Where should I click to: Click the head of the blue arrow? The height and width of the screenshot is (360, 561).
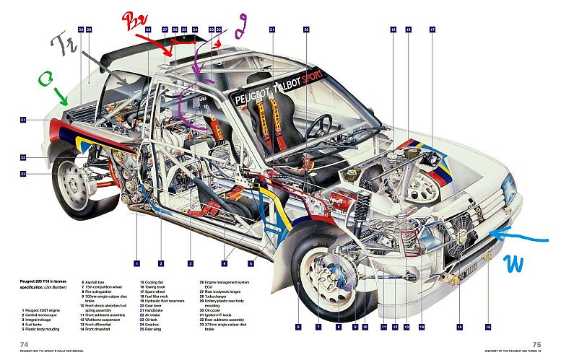pos(490,231)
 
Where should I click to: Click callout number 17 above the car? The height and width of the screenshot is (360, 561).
pos(432,30)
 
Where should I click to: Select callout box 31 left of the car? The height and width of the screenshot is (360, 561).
pos(23,120)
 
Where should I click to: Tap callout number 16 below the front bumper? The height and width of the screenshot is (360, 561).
pos(488,328)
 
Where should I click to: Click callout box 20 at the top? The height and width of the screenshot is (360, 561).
pos(306,30)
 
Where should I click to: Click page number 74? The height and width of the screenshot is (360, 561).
pos(23,344)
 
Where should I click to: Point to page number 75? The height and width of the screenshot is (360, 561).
pos(536,344)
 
